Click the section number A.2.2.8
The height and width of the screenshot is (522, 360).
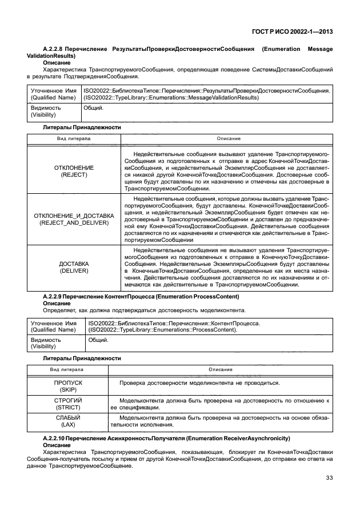click(x=56, y=49)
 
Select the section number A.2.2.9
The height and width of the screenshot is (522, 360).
click(x=56, y=297)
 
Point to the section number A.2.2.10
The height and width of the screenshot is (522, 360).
click(x=58, y=438)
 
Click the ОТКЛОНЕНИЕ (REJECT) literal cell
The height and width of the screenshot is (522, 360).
click(x=74, y=171)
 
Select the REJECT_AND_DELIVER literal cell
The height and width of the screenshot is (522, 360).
click(x=74, y=219)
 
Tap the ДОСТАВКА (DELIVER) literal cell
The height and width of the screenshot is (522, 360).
click(x=74, y=267)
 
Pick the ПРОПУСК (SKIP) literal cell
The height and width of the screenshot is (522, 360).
click(x=68, y=385)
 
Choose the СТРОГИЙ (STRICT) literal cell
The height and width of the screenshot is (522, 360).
click(x=68, y=404)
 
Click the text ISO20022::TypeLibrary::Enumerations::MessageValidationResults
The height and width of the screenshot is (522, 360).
click(x=205, y=97)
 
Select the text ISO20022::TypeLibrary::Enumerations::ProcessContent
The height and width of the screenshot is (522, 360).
click(x=163, y=330)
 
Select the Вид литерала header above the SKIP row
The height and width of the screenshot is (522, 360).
click(x=68, y=370)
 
